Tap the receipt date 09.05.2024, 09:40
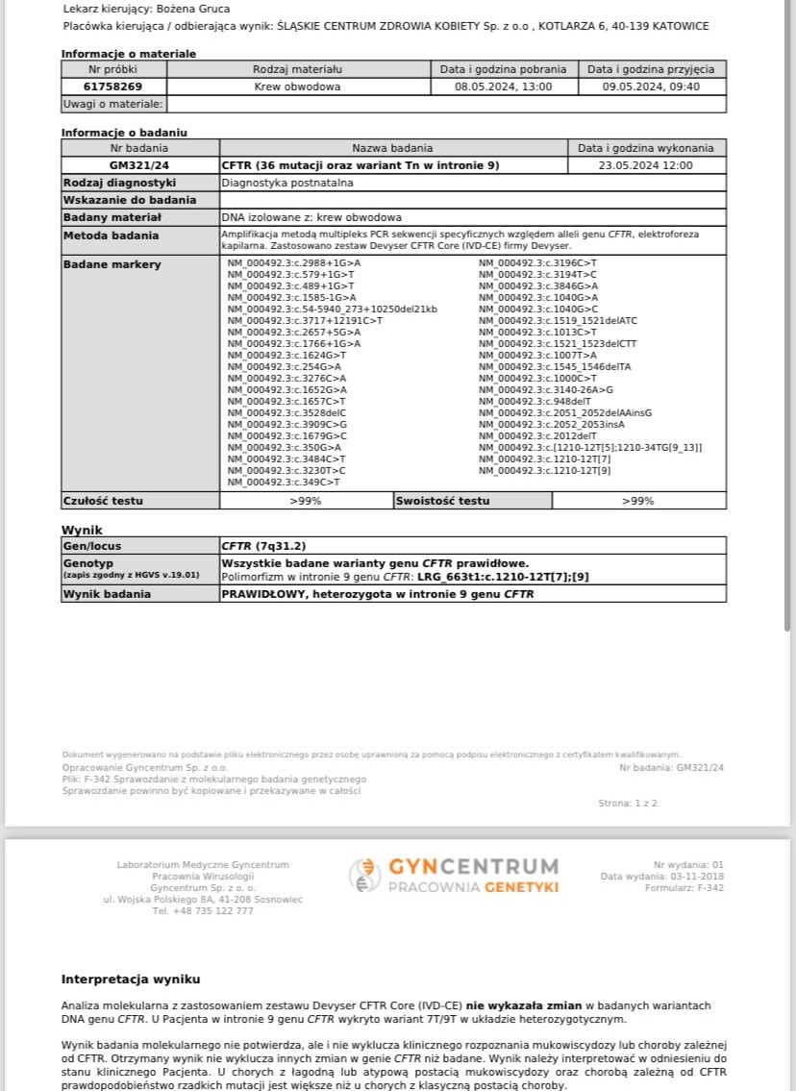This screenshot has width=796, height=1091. tap(651, 87)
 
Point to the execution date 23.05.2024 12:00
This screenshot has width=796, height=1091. tap(645, 165)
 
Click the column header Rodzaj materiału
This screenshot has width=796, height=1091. tap(297, 69)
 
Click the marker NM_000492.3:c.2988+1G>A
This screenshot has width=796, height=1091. tap(293, 262)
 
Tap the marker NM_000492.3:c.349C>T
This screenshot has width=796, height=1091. tap(283, 482)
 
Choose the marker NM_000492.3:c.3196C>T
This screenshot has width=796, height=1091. tap(537, 262)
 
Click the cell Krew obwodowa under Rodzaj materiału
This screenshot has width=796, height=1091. tap(297, 87)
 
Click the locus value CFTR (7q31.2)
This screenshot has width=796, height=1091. tap(263, 545)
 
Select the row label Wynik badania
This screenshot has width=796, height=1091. tap(107, 594)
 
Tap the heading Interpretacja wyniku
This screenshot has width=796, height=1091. tap(131, 979)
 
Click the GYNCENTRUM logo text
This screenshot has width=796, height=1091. tap(473, 867)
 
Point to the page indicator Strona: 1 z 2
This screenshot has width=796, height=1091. tap(628, 803)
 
